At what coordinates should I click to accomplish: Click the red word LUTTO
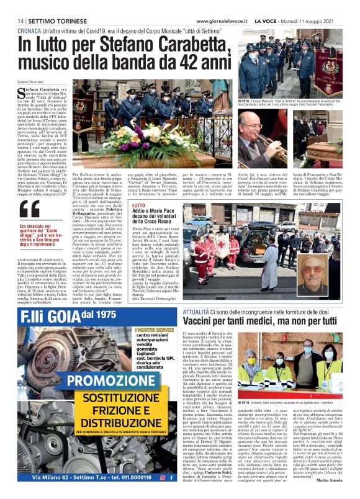coord(140,204)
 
